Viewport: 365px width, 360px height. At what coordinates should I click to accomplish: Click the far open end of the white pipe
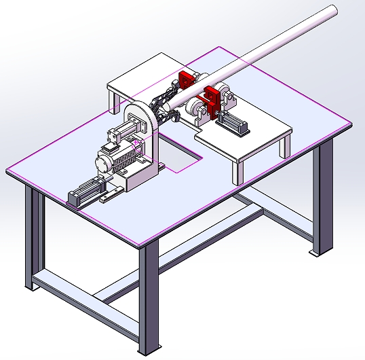pos(330,11)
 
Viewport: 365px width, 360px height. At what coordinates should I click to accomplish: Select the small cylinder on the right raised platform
pos(233,124)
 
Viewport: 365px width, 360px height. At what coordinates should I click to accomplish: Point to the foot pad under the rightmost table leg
pos(313,253)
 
